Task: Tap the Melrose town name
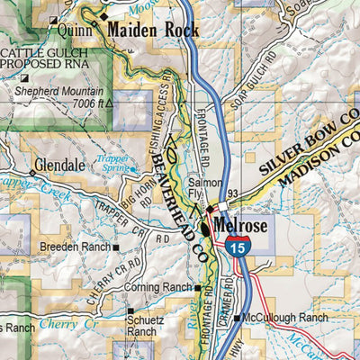[240, 227]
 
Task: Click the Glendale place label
[58, 166]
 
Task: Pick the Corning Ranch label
[160, 287]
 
